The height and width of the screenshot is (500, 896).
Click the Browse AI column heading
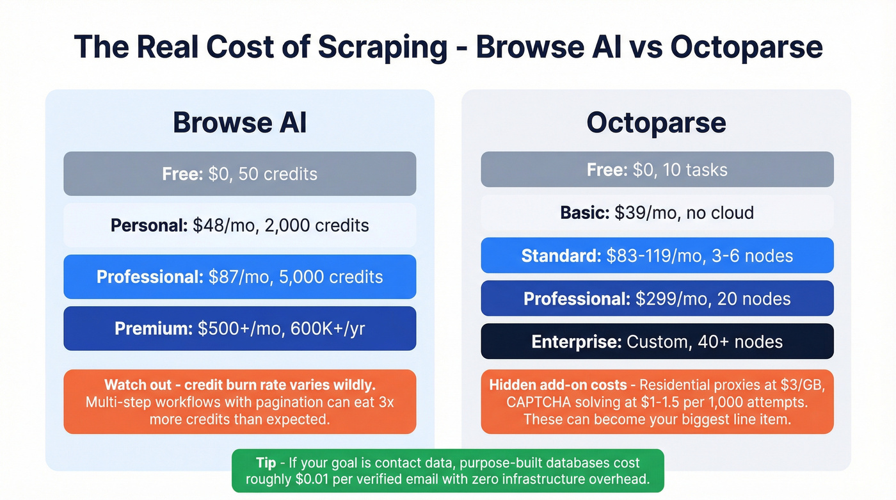pyautogui.click(x=239, y=123)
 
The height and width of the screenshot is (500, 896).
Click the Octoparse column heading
pyautogui.click(x=657, y=123)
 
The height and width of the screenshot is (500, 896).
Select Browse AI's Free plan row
pyautogui.click(x=239, y=173)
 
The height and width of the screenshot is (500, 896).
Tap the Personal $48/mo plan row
pyautogui.click(x=239, y=225)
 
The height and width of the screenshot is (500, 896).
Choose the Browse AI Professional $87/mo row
pyautogui.click(x=239, y=277)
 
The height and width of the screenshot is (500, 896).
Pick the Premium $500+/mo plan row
pyautogui.click(x=239, y=328)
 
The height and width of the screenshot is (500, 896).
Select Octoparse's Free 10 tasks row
pyautogui.click(x=657, y=170)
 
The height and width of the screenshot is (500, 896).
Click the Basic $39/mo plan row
pyautogui.click(x=657, y=213)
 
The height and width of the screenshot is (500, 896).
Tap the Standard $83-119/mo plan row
pyautogui.click(x=657, y=255)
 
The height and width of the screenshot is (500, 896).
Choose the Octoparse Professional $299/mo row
pyautogui.click(x=657, y=298)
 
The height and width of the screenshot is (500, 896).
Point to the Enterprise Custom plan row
pyautogui.click(x=657, y=341)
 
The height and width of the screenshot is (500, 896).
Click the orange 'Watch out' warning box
pyautogui.click(x=239, y=402)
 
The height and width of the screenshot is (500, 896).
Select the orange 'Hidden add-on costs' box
pyautogui.click(x=657, y=402)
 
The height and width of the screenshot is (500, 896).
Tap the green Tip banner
pyautogui.click(x=447, y=471)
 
